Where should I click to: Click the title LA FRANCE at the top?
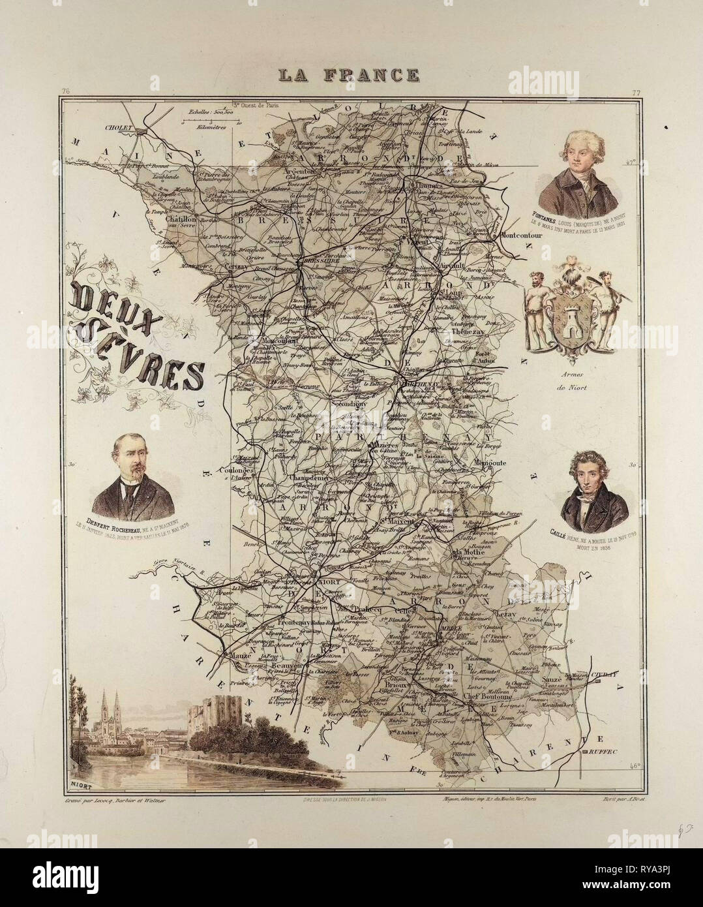[x=349, y=74]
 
